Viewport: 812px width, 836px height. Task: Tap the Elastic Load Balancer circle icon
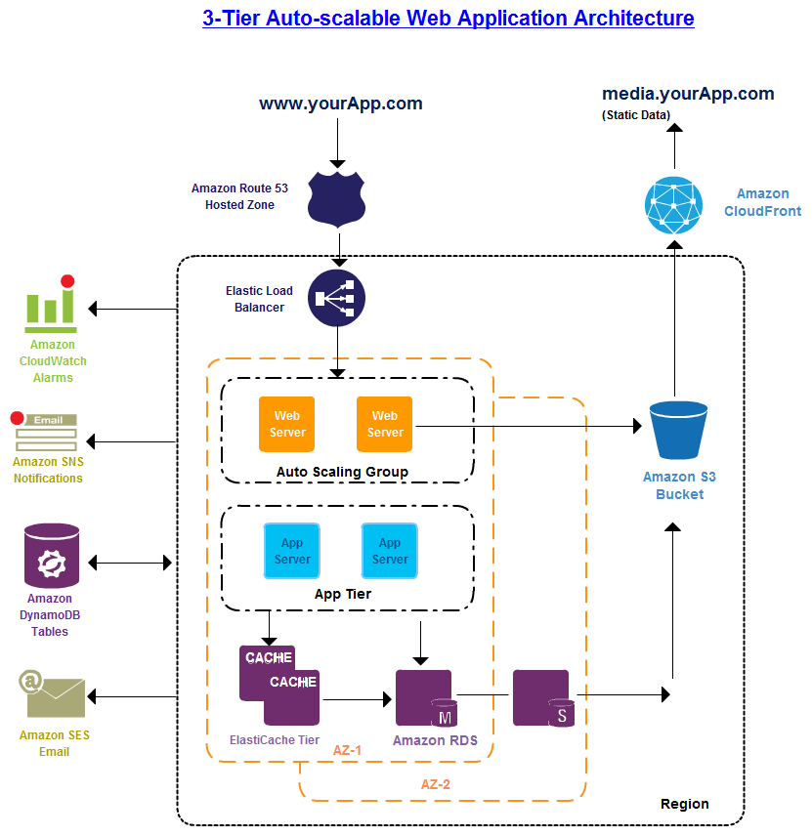coord(336,297)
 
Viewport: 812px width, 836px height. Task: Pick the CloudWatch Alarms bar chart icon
coord(51,304)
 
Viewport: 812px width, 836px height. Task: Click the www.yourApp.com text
coord(340,104)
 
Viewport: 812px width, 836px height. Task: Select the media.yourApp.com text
coord(688,94)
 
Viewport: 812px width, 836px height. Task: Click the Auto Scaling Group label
coord(342,472)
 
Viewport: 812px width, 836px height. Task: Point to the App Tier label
coord(342,594)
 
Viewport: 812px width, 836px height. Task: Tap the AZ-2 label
coord(436,783)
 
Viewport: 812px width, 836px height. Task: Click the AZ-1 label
coord(348,750)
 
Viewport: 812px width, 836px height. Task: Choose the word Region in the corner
coord(684,804)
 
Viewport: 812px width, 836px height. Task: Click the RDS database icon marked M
coord(425,698)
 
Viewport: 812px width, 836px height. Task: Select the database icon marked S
coord(543,698)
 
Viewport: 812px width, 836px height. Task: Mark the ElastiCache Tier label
coord(275,740)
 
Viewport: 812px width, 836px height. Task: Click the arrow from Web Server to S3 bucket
coord(528,426)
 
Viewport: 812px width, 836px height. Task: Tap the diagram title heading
coord(448,18)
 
